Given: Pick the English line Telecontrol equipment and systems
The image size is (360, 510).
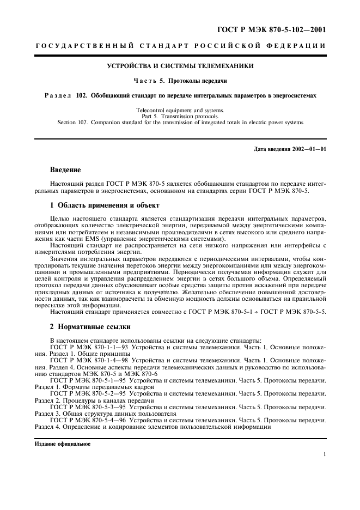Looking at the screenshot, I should [180, 111].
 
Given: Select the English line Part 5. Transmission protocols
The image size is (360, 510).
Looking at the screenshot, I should [180, 116].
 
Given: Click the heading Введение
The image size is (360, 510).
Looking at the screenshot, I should [65, 170].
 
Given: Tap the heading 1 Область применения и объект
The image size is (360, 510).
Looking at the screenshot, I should [105, 205].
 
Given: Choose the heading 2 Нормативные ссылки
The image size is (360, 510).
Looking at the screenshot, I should [90, 327].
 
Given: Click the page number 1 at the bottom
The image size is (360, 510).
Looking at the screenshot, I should [324, 454].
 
